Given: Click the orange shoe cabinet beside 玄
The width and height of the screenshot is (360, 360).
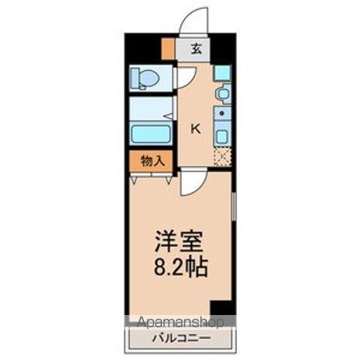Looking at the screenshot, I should [x=168, y=50].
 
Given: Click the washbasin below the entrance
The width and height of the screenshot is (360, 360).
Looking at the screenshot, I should [x=222, y=94].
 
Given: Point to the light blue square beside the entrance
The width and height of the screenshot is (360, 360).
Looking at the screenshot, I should [x=222, y=73].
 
